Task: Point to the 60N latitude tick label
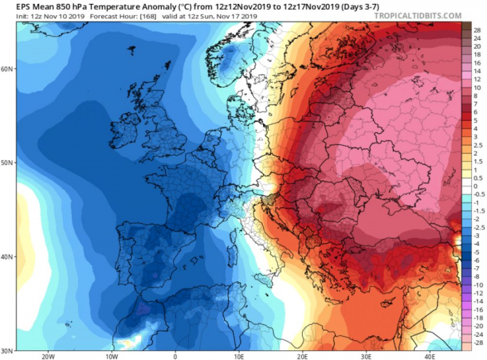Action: click(x=8, y=68)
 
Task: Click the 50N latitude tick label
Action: click(x=8, y=162)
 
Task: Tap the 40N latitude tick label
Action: click(x=8, y=257)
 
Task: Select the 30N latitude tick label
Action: click(x=8, y=352)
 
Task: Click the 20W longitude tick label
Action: click(x=47, y=357)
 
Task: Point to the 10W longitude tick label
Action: click(x=111, y=357)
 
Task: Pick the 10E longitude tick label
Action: click(x=238, y=357)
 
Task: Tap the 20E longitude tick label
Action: click(x=302, y=357)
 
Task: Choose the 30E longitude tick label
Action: click(x=366, y=357)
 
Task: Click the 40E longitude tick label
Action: click(x=429, y=357)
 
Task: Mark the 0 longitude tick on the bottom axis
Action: click(x=175, y=357)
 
